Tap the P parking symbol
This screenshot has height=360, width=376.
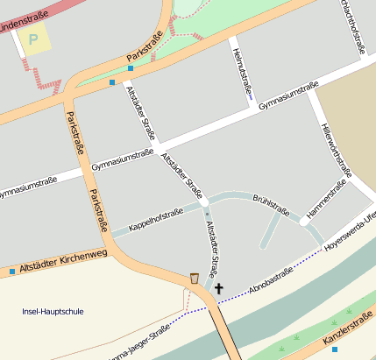34,39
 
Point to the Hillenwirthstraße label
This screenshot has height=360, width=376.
337,149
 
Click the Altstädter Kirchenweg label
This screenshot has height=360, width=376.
62,262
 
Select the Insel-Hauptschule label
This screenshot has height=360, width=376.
53,311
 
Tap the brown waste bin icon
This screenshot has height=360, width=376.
194,279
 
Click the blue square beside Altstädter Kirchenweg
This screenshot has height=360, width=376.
12,272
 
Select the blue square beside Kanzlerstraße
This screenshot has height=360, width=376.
334,349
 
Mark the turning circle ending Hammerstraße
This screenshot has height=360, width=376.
304,222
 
